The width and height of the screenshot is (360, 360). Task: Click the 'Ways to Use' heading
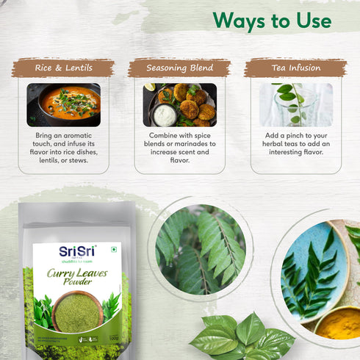pyautogui.click(x=272, y=20)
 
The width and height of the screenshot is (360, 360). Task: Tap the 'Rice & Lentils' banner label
pyautogui.click(x=62, y=68)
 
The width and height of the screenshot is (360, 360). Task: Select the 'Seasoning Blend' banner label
pyautogui.click(x=179, y=68)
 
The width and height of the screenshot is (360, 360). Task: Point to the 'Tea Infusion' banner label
pyautogui.click(x=295, y=68)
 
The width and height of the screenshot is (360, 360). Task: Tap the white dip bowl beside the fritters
pyautogui.click(x=166, y=115)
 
